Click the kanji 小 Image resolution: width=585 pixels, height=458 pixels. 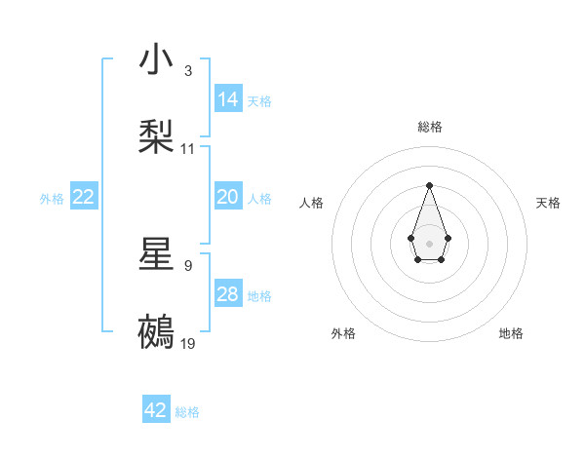tap(157, 60)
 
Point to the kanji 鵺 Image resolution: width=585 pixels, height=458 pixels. tap(157, 332)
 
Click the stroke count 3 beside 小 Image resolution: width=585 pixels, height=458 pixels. tap(187, 71)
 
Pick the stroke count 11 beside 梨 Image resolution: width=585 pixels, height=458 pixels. tap(188, 149)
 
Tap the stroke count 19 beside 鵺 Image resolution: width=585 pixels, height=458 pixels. tap(188, 343)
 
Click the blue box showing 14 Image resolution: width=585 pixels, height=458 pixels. tap(228, 98)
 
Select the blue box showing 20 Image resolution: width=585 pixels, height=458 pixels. tap(228, 197)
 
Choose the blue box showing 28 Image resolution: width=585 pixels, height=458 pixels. tap(228, 293)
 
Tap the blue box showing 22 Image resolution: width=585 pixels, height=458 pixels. tap(84, 197)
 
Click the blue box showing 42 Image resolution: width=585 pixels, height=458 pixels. tap(156, 410)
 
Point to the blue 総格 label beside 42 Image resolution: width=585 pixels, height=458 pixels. tap(187, 412)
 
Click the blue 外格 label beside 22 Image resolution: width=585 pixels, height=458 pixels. tap(52, 199)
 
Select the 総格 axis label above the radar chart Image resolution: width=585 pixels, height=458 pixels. tap(429, 127)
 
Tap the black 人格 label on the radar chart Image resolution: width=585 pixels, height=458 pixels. tap(312, 203)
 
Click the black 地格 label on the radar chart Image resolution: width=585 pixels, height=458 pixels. tap(511, 333)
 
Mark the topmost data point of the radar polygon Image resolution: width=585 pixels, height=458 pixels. tap(429, 184)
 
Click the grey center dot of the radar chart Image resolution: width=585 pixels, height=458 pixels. tap(429, 243)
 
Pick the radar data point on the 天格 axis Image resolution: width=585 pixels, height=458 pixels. tap(448, 237)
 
